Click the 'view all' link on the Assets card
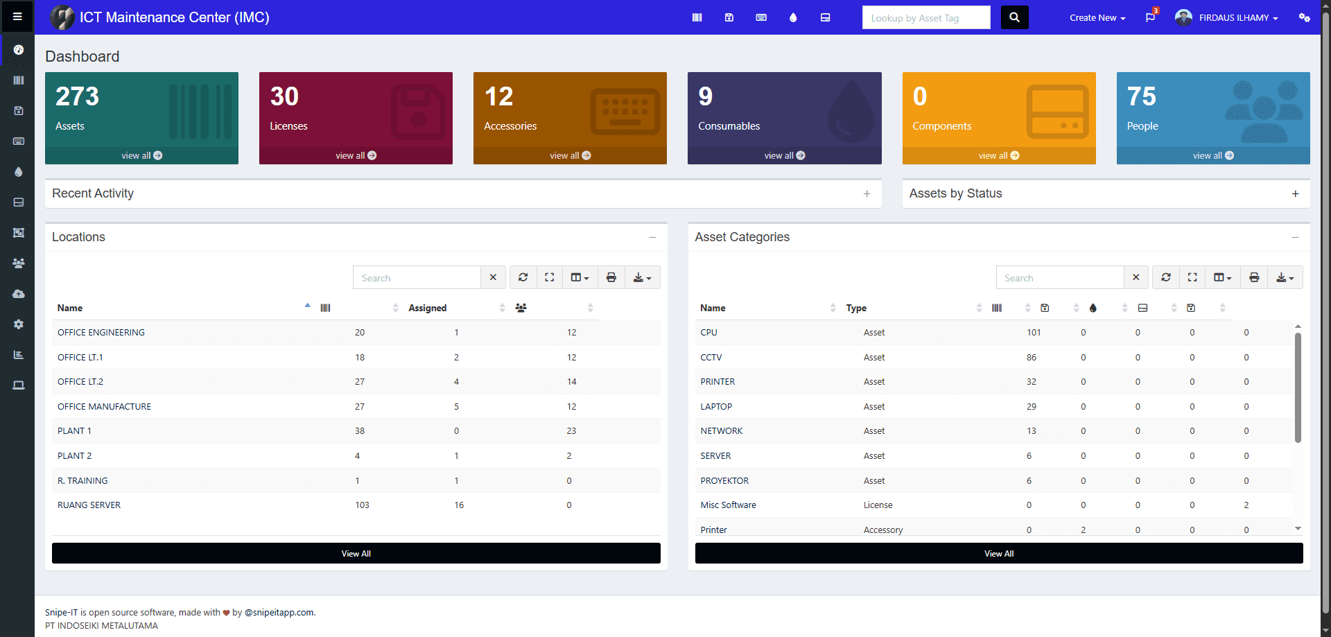tap(141, 155)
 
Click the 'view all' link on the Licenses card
tap(356, 155)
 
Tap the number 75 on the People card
tap(1141, 96)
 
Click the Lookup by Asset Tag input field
tap(925, 18)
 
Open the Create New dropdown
tap(1097, 18)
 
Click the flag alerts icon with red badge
tap(1150, 17)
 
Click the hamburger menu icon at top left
tap(17, 17)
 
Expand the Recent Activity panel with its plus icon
tap(867, 194)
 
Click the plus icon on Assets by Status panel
tap(1295, 194)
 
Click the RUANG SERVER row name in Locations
tap(89, 505)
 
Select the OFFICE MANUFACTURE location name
tap(104, 407)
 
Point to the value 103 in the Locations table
tap(362, 505)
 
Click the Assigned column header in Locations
tap(427, 308)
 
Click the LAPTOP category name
tap(716, 407)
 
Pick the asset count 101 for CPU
tap(1033, 333)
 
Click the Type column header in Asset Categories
tap(856, 308)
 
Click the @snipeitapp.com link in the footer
tap(279, 612)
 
